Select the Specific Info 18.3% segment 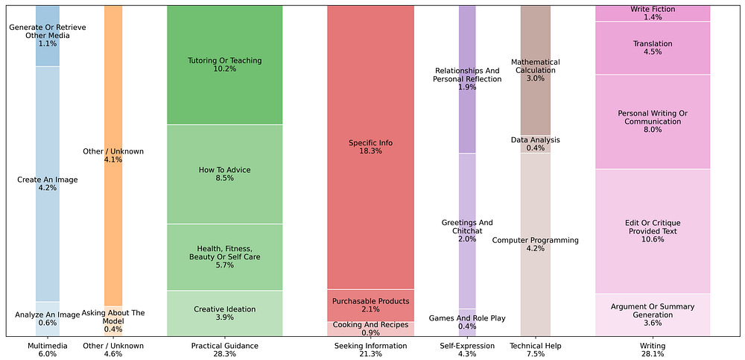(x=370, y=147)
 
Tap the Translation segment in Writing (x=652, y=48)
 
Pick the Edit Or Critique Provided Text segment (x=652, y=232)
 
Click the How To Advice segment (x=224, y=174)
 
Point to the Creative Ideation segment (x=224, y=313)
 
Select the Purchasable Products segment (x=370, y=305)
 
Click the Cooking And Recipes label (x=370, y=329)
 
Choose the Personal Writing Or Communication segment (x=652, y=122)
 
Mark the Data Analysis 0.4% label (x=535, y=144)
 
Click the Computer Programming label (x=535, y=244)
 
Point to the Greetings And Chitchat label (x=467, y=227)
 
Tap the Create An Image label (x=48, y=183)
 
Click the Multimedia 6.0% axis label (x=48, y=350)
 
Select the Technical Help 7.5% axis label (x=535, y=350)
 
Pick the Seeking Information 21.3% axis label (x=370, y=350)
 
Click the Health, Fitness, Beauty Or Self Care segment (x=224, y=256)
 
